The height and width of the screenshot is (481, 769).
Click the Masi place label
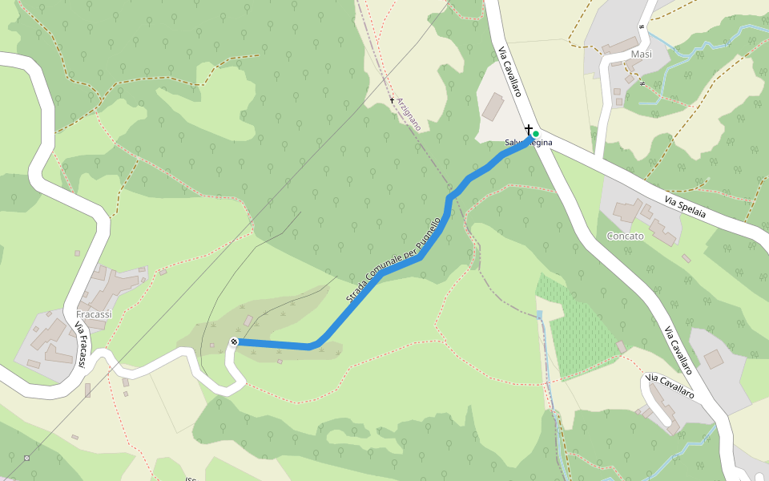click(x=642, y=54)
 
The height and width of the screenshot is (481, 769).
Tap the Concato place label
click(x=625, y=236)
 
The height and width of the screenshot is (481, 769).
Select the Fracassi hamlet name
click(x=94, y=314)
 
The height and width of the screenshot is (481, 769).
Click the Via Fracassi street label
click(x=81, y=345)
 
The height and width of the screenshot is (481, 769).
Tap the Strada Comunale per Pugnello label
click(x=393, y=261)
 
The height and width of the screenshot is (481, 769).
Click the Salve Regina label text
click(x=528, y=143)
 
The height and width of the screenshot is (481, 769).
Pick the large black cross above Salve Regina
click(x=529, y=129)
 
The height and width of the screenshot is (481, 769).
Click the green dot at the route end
click(x=536, y=134)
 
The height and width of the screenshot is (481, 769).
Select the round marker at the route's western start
click(x=234, y=342)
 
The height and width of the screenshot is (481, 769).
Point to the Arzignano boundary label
click(x=409, y=111)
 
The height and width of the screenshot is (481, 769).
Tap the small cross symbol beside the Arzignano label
click(x=393, y=100)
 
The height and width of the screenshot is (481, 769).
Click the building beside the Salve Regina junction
click(x=493, y=107)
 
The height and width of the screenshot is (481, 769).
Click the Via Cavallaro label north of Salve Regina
click(x=510, y=72)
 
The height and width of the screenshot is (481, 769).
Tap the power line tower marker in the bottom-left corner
click(x=26, y=458)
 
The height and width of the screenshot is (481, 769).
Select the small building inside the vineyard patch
click(x=621, y=346)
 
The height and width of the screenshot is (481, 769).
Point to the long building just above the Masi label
click(x=621, y=46)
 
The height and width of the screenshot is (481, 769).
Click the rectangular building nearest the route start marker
click(x=248, y=321)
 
